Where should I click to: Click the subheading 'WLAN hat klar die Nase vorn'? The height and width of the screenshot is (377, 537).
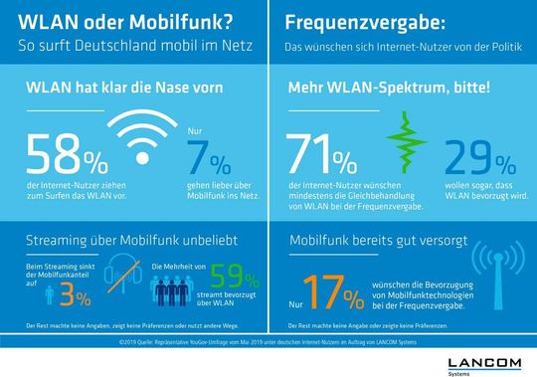[110, 92]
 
